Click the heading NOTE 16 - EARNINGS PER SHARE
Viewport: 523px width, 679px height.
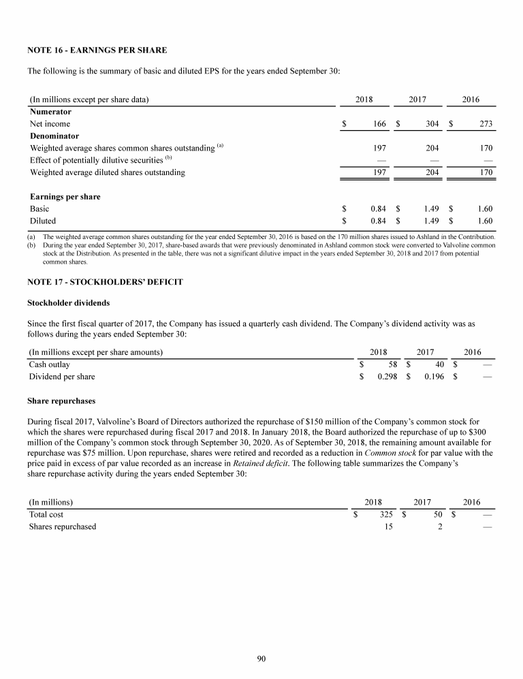97,50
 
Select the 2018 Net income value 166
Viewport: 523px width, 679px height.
380,124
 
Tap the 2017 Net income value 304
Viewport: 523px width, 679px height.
430,124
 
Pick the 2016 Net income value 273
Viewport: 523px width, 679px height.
485,124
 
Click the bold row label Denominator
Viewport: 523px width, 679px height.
54,136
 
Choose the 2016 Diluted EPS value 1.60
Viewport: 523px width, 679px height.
485,221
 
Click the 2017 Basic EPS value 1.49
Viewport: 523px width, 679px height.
430,209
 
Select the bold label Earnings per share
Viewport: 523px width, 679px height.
65,197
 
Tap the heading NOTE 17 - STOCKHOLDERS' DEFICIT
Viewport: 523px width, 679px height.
105,282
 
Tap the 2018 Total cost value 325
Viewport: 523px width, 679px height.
386,515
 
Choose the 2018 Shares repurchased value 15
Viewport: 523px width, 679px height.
388,527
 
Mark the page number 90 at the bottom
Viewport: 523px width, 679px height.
261,659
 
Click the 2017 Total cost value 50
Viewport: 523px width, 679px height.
439,515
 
